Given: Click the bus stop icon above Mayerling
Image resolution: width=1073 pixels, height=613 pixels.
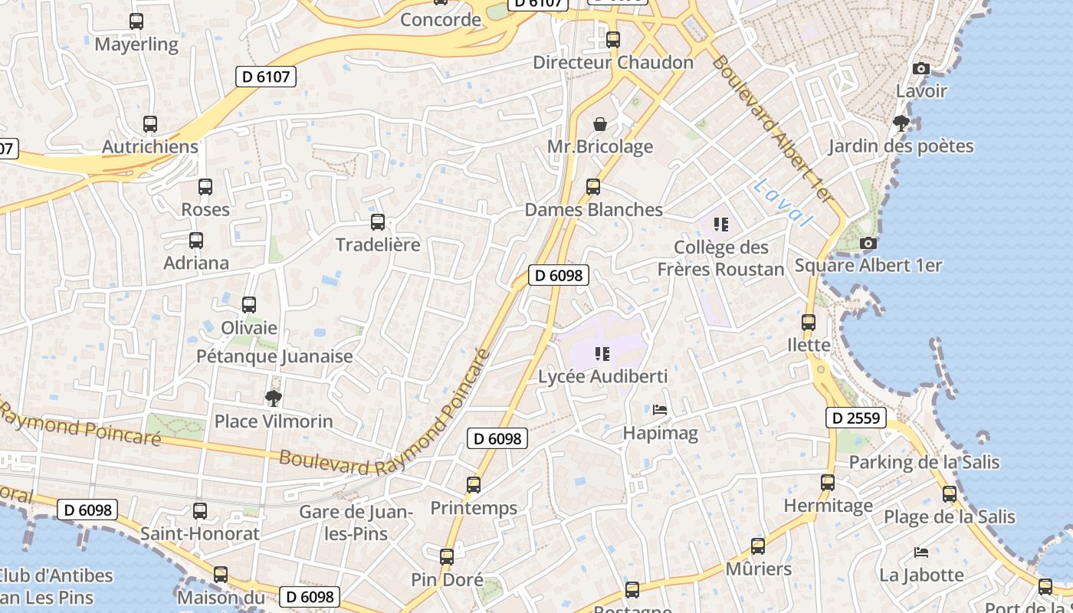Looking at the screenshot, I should (136, 21).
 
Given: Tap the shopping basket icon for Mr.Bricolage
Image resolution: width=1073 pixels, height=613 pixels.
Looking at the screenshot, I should (600, 123).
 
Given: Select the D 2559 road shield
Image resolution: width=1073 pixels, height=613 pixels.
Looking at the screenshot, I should (856, 418).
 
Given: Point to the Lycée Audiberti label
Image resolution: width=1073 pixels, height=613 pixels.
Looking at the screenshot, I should (602, 376).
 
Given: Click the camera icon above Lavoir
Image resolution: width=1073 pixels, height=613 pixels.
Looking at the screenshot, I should (922, 68).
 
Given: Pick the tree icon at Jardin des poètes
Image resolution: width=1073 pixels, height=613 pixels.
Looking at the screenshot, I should (901, 123).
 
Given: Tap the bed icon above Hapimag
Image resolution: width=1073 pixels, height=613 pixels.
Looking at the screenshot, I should (660, 410).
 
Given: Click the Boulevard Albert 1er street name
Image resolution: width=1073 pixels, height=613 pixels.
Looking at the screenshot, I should (771, 128).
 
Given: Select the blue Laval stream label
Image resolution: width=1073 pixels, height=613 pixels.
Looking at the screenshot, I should (782, 202).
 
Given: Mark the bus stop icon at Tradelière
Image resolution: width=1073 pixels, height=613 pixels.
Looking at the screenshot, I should (378, 222).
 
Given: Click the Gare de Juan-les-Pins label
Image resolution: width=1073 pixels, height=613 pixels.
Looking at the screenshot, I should (356, 523).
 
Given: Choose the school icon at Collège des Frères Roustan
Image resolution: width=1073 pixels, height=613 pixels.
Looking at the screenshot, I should (720, 224).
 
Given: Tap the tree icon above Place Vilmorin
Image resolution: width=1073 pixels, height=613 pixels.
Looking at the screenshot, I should (273, 398).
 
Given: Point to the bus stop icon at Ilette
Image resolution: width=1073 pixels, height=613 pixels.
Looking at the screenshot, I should (809, 323).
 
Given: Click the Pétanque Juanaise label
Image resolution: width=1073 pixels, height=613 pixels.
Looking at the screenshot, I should (274, 356).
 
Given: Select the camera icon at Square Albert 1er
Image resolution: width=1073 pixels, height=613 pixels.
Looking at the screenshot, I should (868, 243).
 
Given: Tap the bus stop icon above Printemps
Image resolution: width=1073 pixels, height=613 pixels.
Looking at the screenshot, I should (474, 484).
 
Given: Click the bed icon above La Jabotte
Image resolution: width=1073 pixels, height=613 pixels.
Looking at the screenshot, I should (921, 552).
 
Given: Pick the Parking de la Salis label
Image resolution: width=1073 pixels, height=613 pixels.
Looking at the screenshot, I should (924, 462).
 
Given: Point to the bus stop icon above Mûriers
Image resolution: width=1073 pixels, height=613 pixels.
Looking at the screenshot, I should (758, 546).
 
